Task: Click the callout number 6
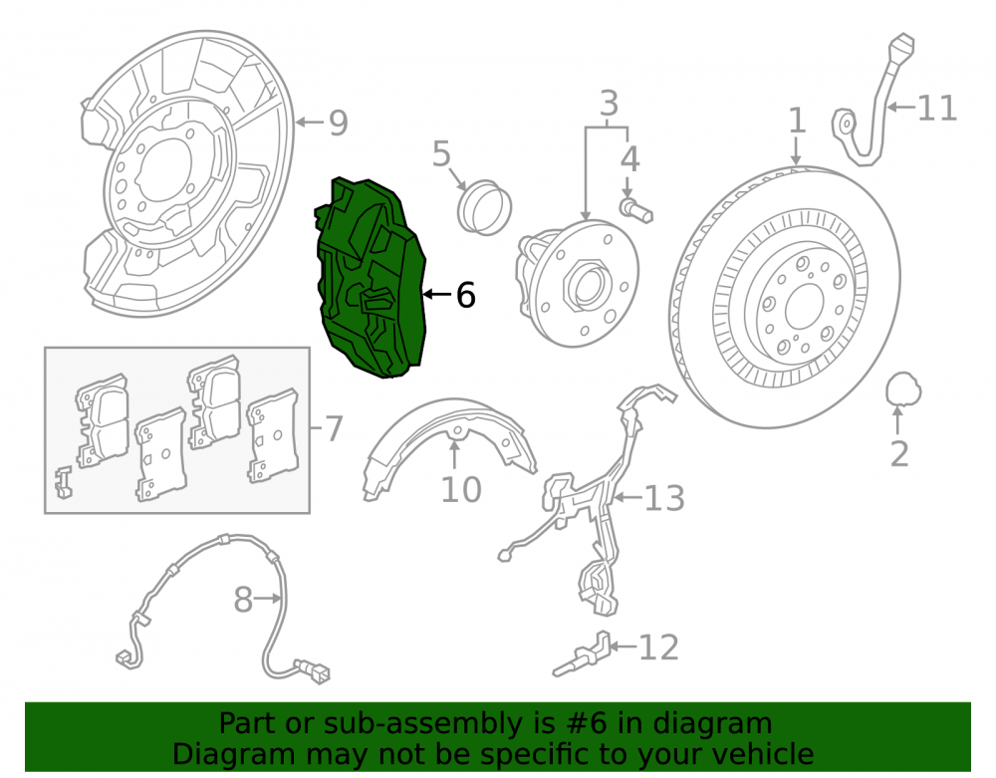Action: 465,295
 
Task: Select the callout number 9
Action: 338,123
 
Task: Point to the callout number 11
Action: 937,108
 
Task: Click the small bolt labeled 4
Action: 635,210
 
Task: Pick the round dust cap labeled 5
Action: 485,207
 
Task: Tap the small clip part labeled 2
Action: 903,389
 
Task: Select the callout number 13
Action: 664,498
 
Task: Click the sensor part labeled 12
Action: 583,654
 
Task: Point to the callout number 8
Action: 243,600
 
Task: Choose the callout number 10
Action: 461,490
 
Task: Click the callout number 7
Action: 334,428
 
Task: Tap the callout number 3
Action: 609,103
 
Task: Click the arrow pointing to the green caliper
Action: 437,294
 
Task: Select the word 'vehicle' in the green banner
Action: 766,754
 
